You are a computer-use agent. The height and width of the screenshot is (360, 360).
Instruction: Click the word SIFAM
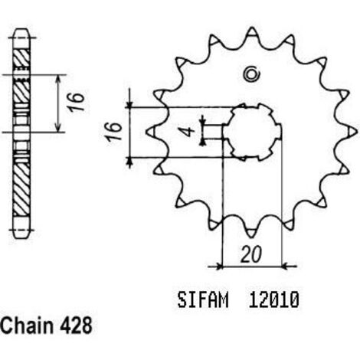point(203,299)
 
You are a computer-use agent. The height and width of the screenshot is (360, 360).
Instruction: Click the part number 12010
point(273,299)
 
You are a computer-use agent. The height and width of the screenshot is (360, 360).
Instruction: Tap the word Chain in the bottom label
point(27,326)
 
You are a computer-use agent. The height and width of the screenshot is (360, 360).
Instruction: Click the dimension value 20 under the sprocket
point(251,254)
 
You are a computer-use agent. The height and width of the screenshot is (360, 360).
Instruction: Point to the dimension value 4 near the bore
point(189,132)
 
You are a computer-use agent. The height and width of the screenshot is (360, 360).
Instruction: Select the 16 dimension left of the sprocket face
point(114,132)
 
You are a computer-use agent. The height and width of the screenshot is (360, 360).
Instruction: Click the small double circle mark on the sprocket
point(251,74)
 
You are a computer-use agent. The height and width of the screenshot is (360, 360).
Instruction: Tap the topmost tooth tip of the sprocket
point(252,29)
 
